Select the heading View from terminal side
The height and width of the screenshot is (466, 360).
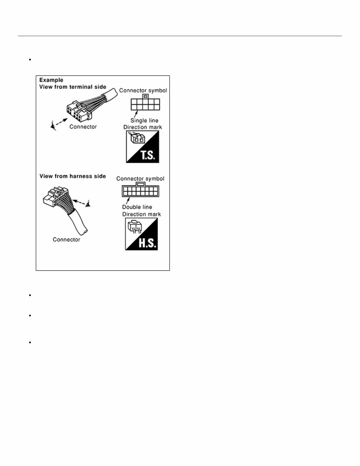(73, 87)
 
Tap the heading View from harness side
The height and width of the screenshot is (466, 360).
(73, 176)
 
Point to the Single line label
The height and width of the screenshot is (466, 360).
(144, 121)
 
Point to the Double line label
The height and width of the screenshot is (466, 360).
(137, 207)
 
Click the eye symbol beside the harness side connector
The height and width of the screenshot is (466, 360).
(88, 203)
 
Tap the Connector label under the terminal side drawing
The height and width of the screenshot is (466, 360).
(83, 126)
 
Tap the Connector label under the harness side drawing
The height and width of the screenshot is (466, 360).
(67, 240)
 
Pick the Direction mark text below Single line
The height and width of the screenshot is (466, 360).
(142, 127)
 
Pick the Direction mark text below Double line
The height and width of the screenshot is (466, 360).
(141, 214)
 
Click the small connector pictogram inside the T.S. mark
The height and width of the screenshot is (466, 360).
(136, 139)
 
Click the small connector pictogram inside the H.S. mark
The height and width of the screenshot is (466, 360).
(134, 228)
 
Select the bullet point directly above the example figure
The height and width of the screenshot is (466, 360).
(29, 60)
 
